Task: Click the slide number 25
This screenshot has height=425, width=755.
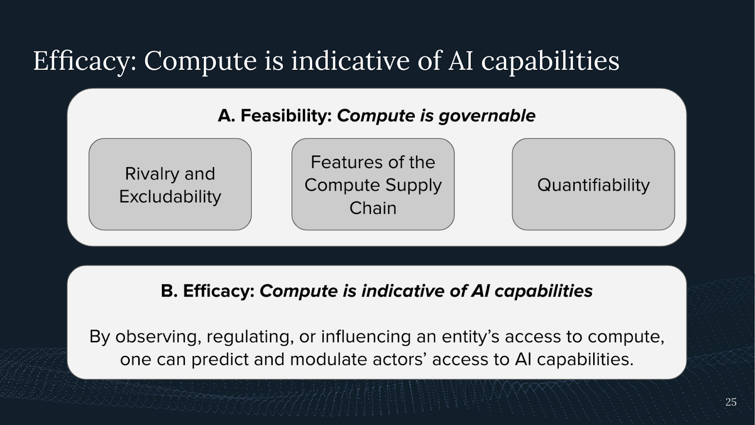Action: [731, 402]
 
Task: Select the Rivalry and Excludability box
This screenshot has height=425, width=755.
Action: [170, 184]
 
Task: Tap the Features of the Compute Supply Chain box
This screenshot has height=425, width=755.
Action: [373, 184]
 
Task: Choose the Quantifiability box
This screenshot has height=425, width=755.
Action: [593, 184]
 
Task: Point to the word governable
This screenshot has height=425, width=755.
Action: [487, 116]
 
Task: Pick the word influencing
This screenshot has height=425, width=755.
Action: [366, 337]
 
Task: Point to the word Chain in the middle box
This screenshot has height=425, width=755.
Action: [373, 208]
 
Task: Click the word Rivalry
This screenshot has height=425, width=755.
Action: [151, 174]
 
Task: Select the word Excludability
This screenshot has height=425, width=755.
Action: [170, 196]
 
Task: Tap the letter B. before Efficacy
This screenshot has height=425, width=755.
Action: [169, 291]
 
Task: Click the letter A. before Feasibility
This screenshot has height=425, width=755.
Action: [226, 116]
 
